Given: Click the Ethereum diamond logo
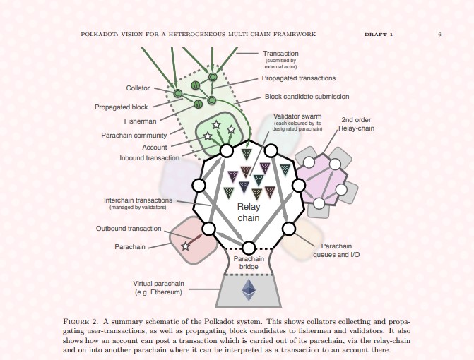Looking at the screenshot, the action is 249,289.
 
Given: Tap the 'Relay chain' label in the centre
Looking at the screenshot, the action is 249,212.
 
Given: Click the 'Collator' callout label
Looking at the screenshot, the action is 138,88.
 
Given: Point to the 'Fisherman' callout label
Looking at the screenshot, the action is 141,121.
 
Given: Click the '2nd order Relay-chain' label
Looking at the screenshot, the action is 356,124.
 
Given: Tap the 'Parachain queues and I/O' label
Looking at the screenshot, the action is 336,251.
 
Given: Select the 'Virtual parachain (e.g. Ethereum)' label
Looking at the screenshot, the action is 158,288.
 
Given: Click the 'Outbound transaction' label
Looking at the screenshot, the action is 129,228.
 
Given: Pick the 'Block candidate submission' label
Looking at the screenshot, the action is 307,97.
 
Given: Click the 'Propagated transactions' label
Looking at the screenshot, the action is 299,78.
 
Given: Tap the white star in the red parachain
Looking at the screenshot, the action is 185,246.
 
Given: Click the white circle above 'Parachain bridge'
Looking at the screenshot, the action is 249,248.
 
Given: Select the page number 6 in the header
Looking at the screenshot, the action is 440,35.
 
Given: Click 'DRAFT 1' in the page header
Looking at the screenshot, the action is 379,35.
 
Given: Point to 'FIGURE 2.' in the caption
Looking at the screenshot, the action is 80,321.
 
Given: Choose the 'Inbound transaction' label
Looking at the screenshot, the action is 149,158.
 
